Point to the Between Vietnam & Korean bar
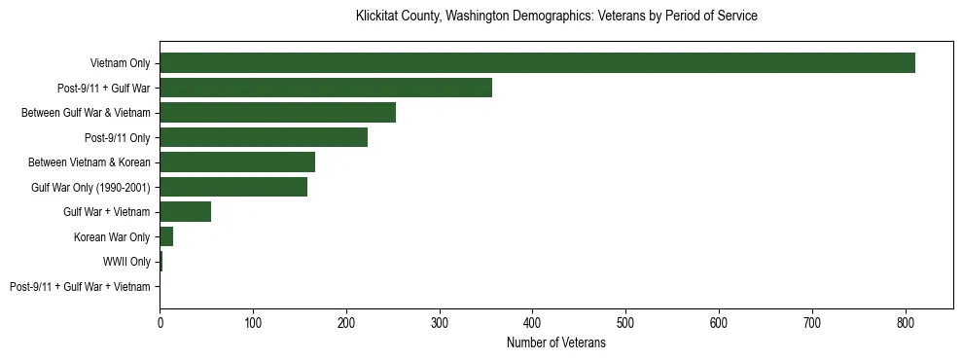237,162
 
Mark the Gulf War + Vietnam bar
185,212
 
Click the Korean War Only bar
166,236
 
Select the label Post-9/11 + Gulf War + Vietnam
80,287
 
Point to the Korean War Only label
112,237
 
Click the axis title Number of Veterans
556,342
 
